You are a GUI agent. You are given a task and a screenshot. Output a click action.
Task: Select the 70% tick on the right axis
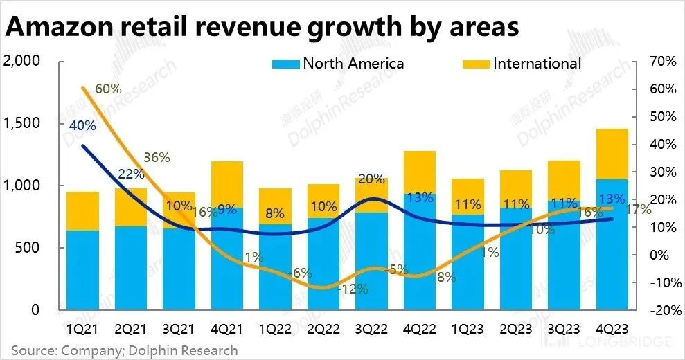(662, 61)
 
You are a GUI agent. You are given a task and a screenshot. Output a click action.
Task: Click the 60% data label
(109, 89)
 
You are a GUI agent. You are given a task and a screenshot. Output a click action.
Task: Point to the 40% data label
(82, 125)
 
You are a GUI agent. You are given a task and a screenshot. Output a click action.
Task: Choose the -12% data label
(354, 289)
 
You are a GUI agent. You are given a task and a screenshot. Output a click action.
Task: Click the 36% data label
(157, 157)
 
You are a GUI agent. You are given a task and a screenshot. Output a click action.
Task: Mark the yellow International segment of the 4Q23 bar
(611, 153)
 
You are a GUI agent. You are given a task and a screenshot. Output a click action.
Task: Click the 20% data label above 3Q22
(372, 179)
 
